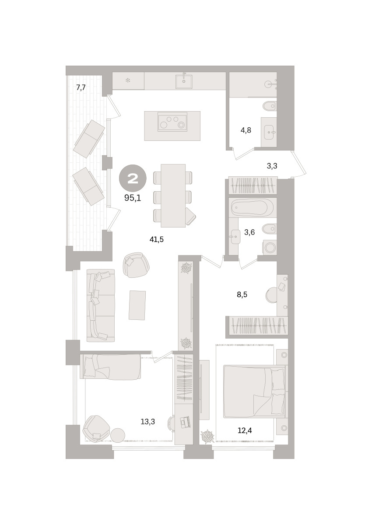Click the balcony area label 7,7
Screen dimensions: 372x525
point(81,87)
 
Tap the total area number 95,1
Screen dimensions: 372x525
point(133,198)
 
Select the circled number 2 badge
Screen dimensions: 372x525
point(133,178)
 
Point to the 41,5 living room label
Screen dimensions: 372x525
point(157,239)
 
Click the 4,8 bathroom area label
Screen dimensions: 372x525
point(246,130)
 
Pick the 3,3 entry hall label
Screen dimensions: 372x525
point(272,166)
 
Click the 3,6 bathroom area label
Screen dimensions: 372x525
point(249,232)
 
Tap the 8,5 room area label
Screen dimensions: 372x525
point(242,294)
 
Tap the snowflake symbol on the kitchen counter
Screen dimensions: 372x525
point(128,81)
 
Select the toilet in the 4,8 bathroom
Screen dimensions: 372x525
point(270,106)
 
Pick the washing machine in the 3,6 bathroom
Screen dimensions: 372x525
point(270,247)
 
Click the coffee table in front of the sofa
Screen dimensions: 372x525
point(137,305)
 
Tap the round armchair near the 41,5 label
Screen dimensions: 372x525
point(136,265)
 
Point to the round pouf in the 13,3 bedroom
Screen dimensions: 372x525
point(118,435)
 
